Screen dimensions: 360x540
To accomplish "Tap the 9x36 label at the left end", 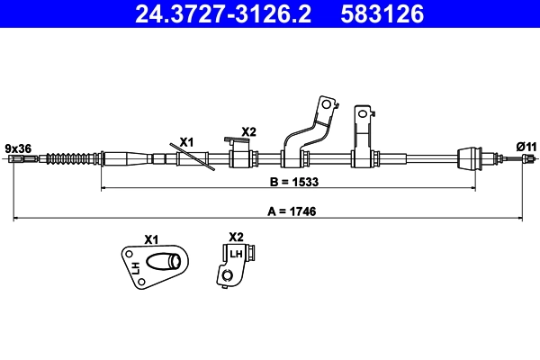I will pos(18,147).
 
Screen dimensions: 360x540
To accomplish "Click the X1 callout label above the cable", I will pos(186,141).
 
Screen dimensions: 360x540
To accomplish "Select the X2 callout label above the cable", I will pos(248,131).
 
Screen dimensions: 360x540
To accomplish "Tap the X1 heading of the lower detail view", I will pos(151,239).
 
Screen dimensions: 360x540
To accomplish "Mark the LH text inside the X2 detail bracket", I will pos(236,255).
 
